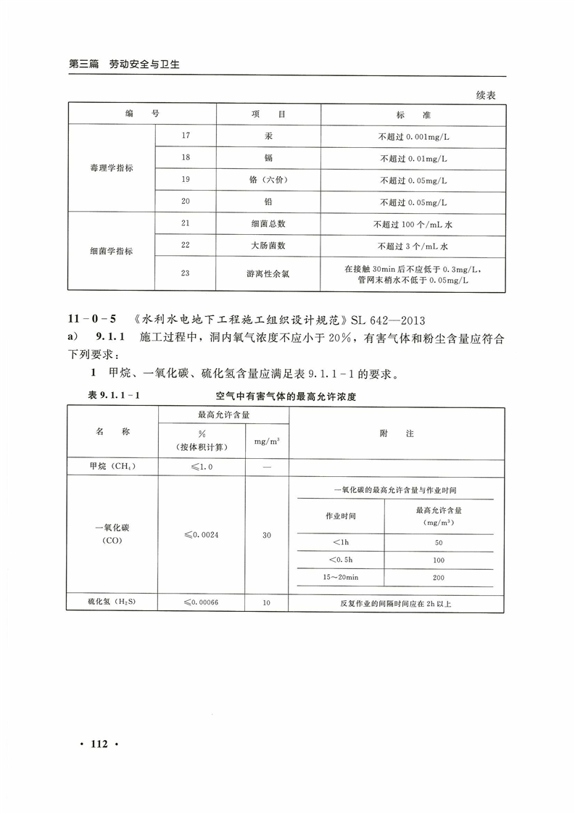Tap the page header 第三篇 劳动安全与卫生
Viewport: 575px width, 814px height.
coord(124,64)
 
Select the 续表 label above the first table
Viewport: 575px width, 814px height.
coord(486,95)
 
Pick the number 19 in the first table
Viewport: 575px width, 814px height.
coord(185,180)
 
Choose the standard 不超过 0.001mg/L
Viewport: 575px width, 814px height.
coord(413,136)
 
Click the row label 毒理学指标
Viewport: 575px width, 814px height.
coord(112,168)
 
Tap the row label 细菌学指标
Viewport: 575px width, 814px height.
coord(112,252)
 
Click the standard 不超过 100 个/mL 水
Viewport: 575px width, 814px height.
coord(413,225)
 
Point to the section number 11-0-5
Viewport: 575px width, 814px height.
coord(92,319)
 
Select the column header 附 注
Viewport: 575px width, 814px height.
coord(397,433)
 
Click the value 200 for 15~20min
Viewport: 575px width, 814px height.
coord(438,578)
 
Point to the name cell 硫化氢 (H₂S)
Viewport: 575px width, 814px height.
coord(112,602)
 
